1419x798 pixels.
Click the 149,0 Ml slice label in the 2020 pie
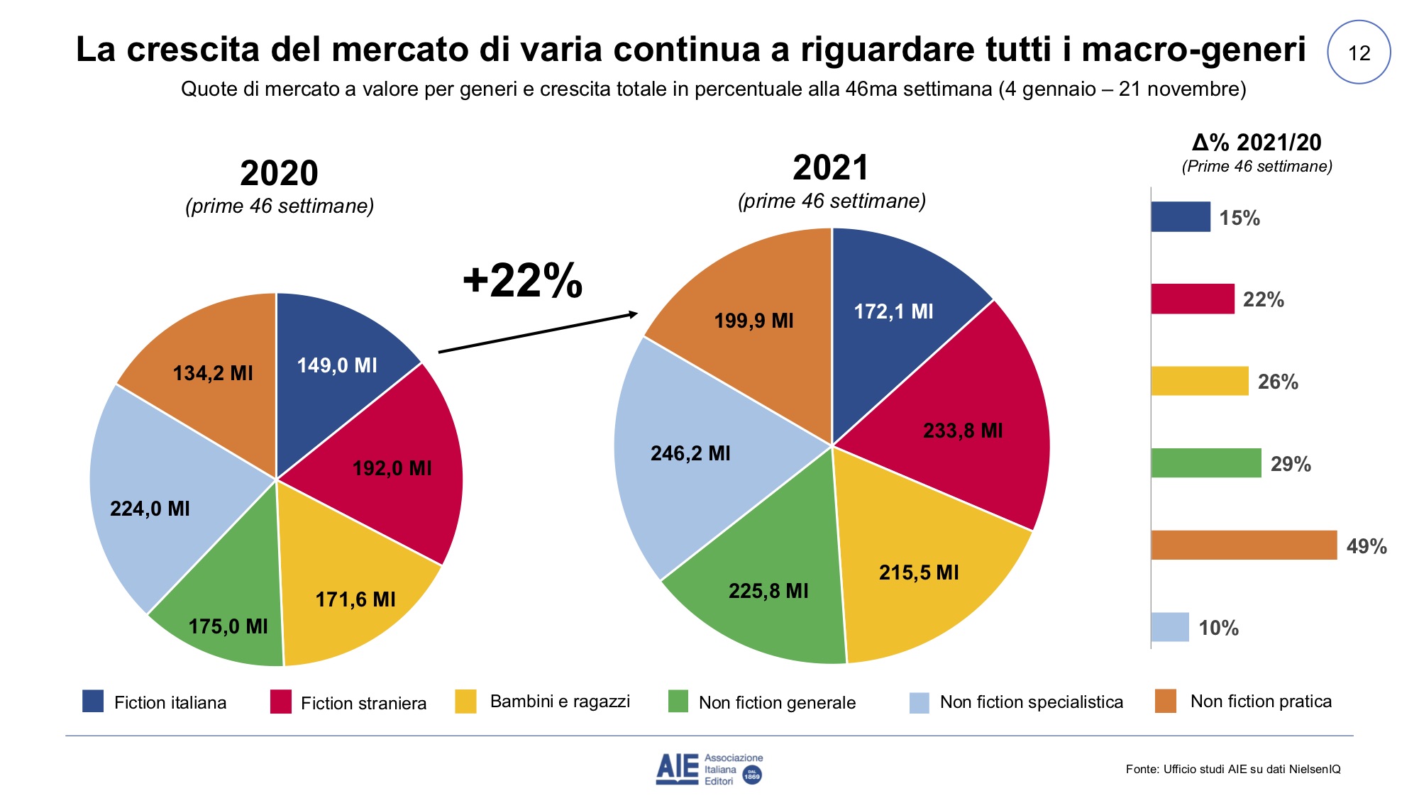(337, 365)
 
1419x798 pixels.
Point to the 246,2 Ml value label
(690, 453)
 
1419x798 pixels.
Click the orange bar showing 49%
(1244, 545)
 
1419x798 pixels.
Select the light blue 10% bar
(1170, 627)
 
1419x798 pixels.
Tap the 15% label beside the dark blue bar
(1239, 218)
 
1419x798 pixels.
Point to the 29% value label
(1291, 464)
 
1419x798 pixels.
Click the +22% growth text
(522, 281)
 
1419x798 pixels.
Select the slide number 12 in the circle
(1359, 53)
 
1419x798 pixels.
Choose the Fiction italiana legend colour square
(93, 701)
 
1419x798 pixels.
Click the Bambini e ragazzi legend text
(560, 702)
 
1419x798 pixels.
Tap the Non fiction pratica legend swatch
(1166, 701)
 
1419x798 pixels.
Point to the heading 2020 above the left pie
(279, 173)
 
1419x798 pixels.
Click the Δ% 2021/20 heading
(1257, 143)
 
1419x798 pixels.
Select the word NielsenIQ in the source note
(1315, 769)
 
